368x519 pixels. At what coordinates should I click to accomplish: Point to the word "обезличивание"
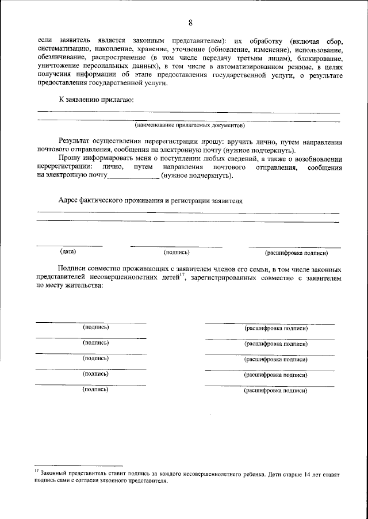(60, 59)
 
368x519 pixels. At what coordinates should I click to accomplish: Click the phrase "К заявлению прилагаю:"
(96, 100)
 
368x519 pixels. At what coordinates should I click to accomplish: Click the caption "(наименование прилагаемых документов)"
(189, 125)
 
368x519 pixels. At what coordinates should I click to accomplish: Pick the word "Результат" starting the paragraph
(75, 141)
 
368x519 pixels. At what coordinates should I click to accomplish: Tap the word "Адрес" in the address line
(70, 201)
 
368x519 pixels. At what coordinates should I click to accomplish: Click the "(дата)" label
(67, 251)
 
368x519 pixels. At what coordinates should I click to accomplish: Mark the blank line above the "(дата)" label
(69, 246)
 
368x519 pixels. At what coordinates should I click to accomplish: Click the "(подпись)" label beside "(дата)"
(177, 252)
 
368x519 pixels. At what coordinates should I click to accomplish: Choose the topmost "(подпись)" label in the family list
(96, 327)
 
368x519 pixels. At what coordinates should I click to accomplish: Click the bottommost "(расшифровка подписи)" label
(275, 390)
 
